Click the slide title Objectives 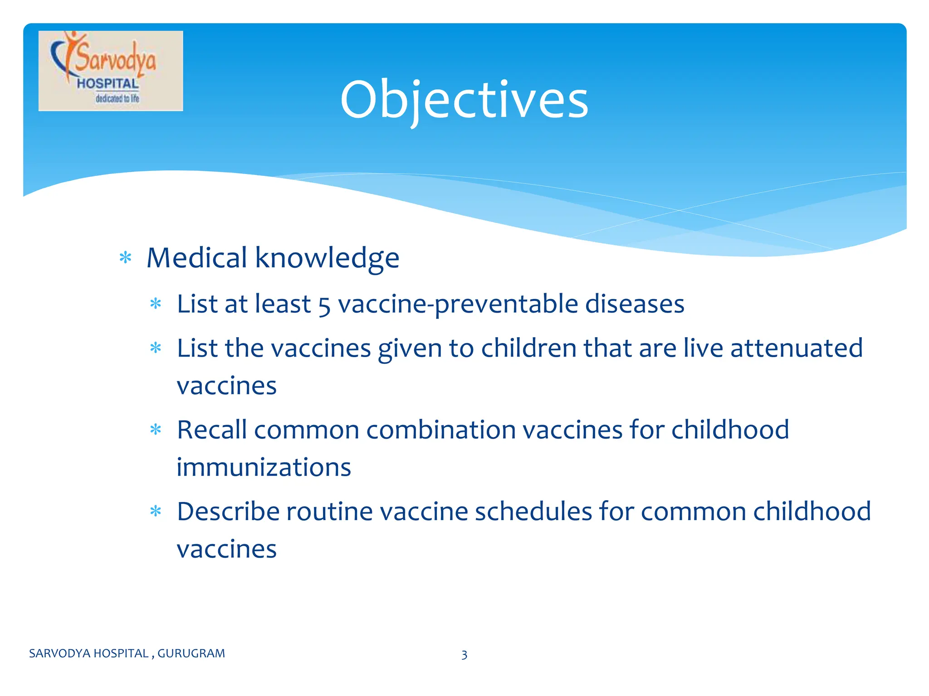(464, 100)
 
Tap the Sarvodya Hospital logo (111, 71)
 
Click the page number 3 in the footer (464, 655)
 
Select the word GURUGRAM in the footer (191, 653)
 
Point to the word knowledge (327, 258)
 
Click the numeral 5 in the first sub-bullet (324, 305)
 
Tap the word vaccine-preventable (458, 304)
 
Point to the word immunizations (264, 467)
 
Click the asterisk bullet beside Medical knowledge (125, 258)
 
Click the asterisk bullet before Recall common (156, 430)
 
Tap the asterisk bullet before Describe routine (156, 512)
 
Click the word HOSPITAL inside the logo (108, 84)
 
